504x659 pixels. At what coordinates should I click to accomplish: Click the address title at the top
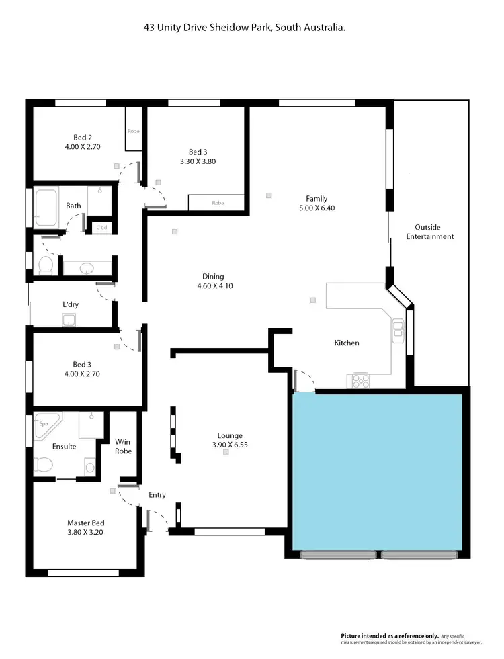tap(250, 28)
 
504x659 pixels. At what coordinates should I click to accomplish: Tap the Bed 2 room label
tap(82, 140)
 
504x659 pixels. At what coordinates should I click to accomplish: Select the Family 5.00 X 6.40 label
tap(316, 203)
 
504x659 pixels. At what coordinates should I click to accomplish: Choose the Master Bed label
tap(85, 527)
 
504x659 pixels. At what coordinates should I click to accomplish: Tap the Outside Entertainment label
tap(434, 232)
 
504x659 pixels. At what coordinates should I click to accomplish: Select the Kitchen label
tap(347, 343)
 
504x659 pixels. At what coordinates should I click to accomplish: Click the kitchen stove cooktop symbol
tap(360, 382)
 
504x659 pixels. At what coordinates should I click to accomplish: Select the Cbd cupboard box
tap(102, 227)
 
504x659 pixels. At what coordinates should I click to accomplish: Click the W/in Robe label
tap(123, 446)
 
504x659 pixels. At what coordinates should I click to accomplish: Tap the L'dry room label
tap(71, 304)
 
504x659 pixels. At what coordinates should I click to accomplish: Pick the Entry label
tap(157, 495)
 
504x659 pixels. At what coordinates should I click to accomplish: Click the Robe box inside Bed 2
tap(133, 132)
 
